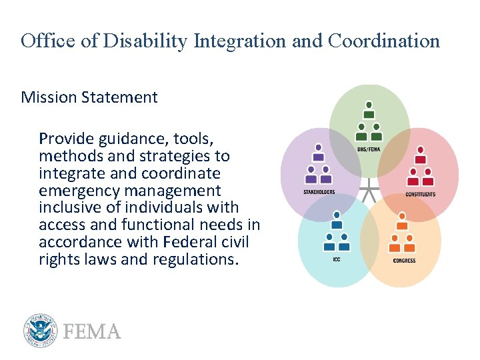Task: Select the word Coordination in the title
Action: (x=383, y=41)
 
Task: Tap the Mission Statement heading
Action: (x=89, y=97)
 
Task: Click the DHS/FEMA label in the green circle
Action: (x=369, y=149)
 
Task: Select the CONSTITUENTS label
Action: (x=420, y=195)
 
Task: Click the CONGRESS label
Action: (x=404, y=261)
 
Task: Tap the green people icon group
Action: (x=369, y=119)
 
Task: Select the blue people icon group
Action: (x=337, y=231)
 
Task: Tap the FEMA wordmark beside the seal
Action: (x=92, y=332)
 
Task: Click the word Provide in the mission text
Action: (x=66, y=139)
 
